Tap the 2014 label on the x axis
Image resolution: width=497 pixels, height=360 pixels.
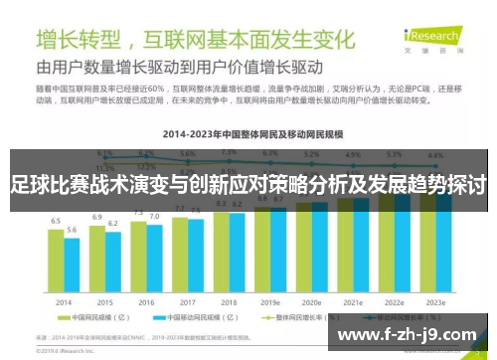tap(63, 301)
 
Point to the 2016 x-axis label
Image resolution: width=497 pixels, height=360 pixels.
tap(146, 301)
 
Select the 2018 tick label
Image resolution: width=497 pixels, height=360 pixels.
tap(229, 301)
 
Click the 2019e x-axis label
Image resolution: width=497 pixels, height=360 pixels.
tap(270, 301)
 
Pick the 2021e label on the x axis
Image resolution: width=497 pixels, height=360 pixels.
tap(353, 301)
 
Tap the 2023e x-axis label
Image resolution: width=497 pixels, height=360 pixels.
tap(435, 301)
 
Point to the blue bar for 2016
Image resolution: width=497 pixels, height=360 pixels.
tap(154, 260)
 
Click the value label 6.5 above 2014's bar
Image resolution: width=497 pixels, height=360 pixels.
tap(56, 221)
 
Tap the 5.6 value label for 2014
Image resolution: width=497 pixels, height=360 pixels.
tap(72, 230)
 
